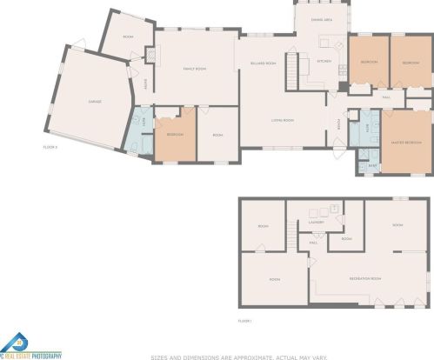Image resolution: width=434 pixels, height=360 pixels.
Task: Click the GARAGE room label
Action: tap(95, 102)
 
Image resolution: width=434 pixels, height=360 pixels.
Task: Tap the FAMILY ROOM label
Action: tap(193, 68)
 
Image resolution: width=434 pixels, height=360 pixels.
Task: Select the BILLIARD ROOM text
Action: tap(264, 63)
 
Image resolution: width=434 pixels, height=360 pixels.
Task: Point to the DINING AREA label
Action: tap(322, 19)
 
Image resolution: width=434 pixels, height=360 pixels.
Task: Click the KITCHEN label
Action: tap(324, 61)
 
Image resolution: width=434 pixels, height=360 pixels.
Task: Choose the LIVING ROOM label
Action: tap(283, 120)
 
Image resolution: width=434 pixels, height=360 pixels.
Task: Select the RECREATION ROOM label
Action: tap(365, 278)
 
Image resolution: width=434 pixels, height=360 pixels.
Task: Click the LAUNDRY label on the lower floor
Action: tap(317, 222)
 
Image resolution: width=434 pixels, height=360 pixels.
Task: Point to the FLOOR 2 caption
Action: tap(50, 147)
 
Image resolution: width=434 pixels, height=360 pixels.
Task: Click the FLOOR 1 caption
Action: tap(246, 320)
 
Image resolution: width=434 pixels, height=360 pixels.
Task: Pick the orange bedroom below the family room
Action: tap(175, 136)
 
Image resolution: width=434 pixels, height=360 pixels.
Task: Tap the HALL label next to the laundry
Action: tap(312, 243)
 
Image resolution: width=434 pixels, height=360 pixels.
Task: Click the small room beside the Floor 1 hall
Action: tap(345, 237)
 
